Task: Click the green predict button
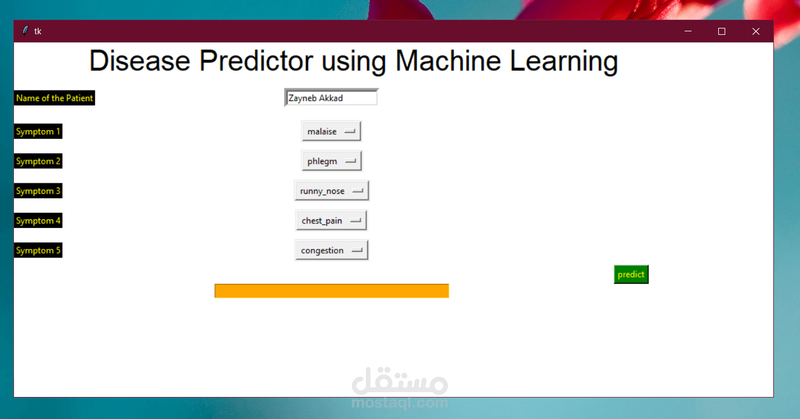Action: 631,274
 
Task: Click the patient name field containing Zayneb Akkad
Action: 331,97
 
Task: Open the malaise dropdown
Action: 331,131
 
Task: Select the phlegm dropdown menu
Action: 332,161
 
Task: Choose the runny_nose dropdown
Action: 332,191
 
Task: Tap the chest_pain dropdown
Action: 331,221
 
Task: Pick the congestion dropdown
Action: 332,250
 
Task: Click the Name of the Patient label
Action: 54,98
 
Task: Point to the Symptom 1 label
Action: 38,131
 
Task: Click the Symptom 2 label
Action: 38,161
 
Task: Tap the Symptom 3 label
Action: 38,191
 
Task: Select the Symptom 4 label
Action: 38,221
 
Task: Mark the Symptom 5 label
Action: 38,250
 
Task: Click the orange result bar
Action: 332,291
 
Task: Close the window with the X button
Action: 756,31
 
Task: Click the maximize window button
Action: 721,31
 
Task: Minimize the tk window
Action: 688,31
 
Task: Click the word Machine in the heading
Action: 448,61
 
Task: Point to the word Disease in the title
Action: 140,61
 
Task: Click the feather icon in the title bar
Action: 25,31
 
